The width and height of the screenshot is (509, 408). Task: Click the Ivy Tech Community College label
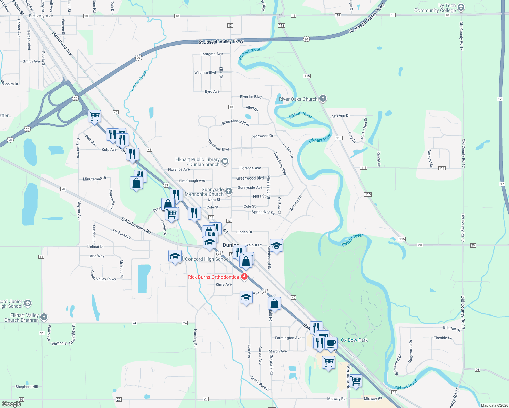pyautogui.click(x=435, y=8)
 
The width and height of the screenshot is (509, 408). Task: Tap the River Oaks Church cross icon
pyautogui.click(x=323, y=99)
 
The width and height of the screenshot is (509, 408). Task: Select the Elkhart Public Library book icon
pyautogui.click(x=225, y=161)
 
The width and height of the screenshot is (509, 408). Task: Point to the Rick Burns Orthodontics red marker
pyautogui.click(x=244, y=277)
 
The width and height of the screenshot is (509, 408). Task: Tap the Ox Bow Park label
pyautogui.click(x=354, y=340)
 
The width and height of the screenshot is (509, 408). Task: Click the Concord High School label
pyautogui.click(x=208, y=259)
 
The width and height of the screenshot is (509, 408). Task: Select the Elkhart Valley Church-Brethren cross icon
pyautogui.click(x=44, y=317)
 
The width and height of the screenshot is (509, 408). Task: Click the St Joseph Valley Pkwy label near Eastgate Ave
pyautogui.click(x=221, y=42)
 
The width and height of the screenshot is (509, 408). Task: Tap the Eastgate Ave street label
pyautogui.click(x=212, y=54)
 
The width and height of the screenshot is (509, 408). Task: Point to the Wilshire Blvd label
pyautogui.click(x=205, y=73)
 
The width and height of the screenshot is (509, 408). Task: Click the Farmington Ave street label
pyautogui.click(x=288, y=338)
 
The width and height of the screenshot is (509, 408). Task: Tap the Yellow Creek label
pyautogui.click(x=139, y=81)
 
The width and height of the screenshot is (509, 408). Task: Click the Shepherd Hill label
pyautogui.click(x=27, y=387)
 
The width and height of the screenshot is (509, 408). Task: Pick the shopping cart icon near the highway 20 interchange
pyautogui.click(x=94, y=116)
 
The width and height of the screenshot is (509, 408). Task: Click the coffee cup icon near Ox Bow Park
pyautogui.click(x=330, y=343)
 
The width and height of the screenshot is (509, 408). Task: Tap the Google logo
pyautogui.click(x=12, y=404)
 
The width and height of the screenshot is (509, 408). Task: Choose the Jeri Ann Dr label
pyautogui.click(x=341, y=116)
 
